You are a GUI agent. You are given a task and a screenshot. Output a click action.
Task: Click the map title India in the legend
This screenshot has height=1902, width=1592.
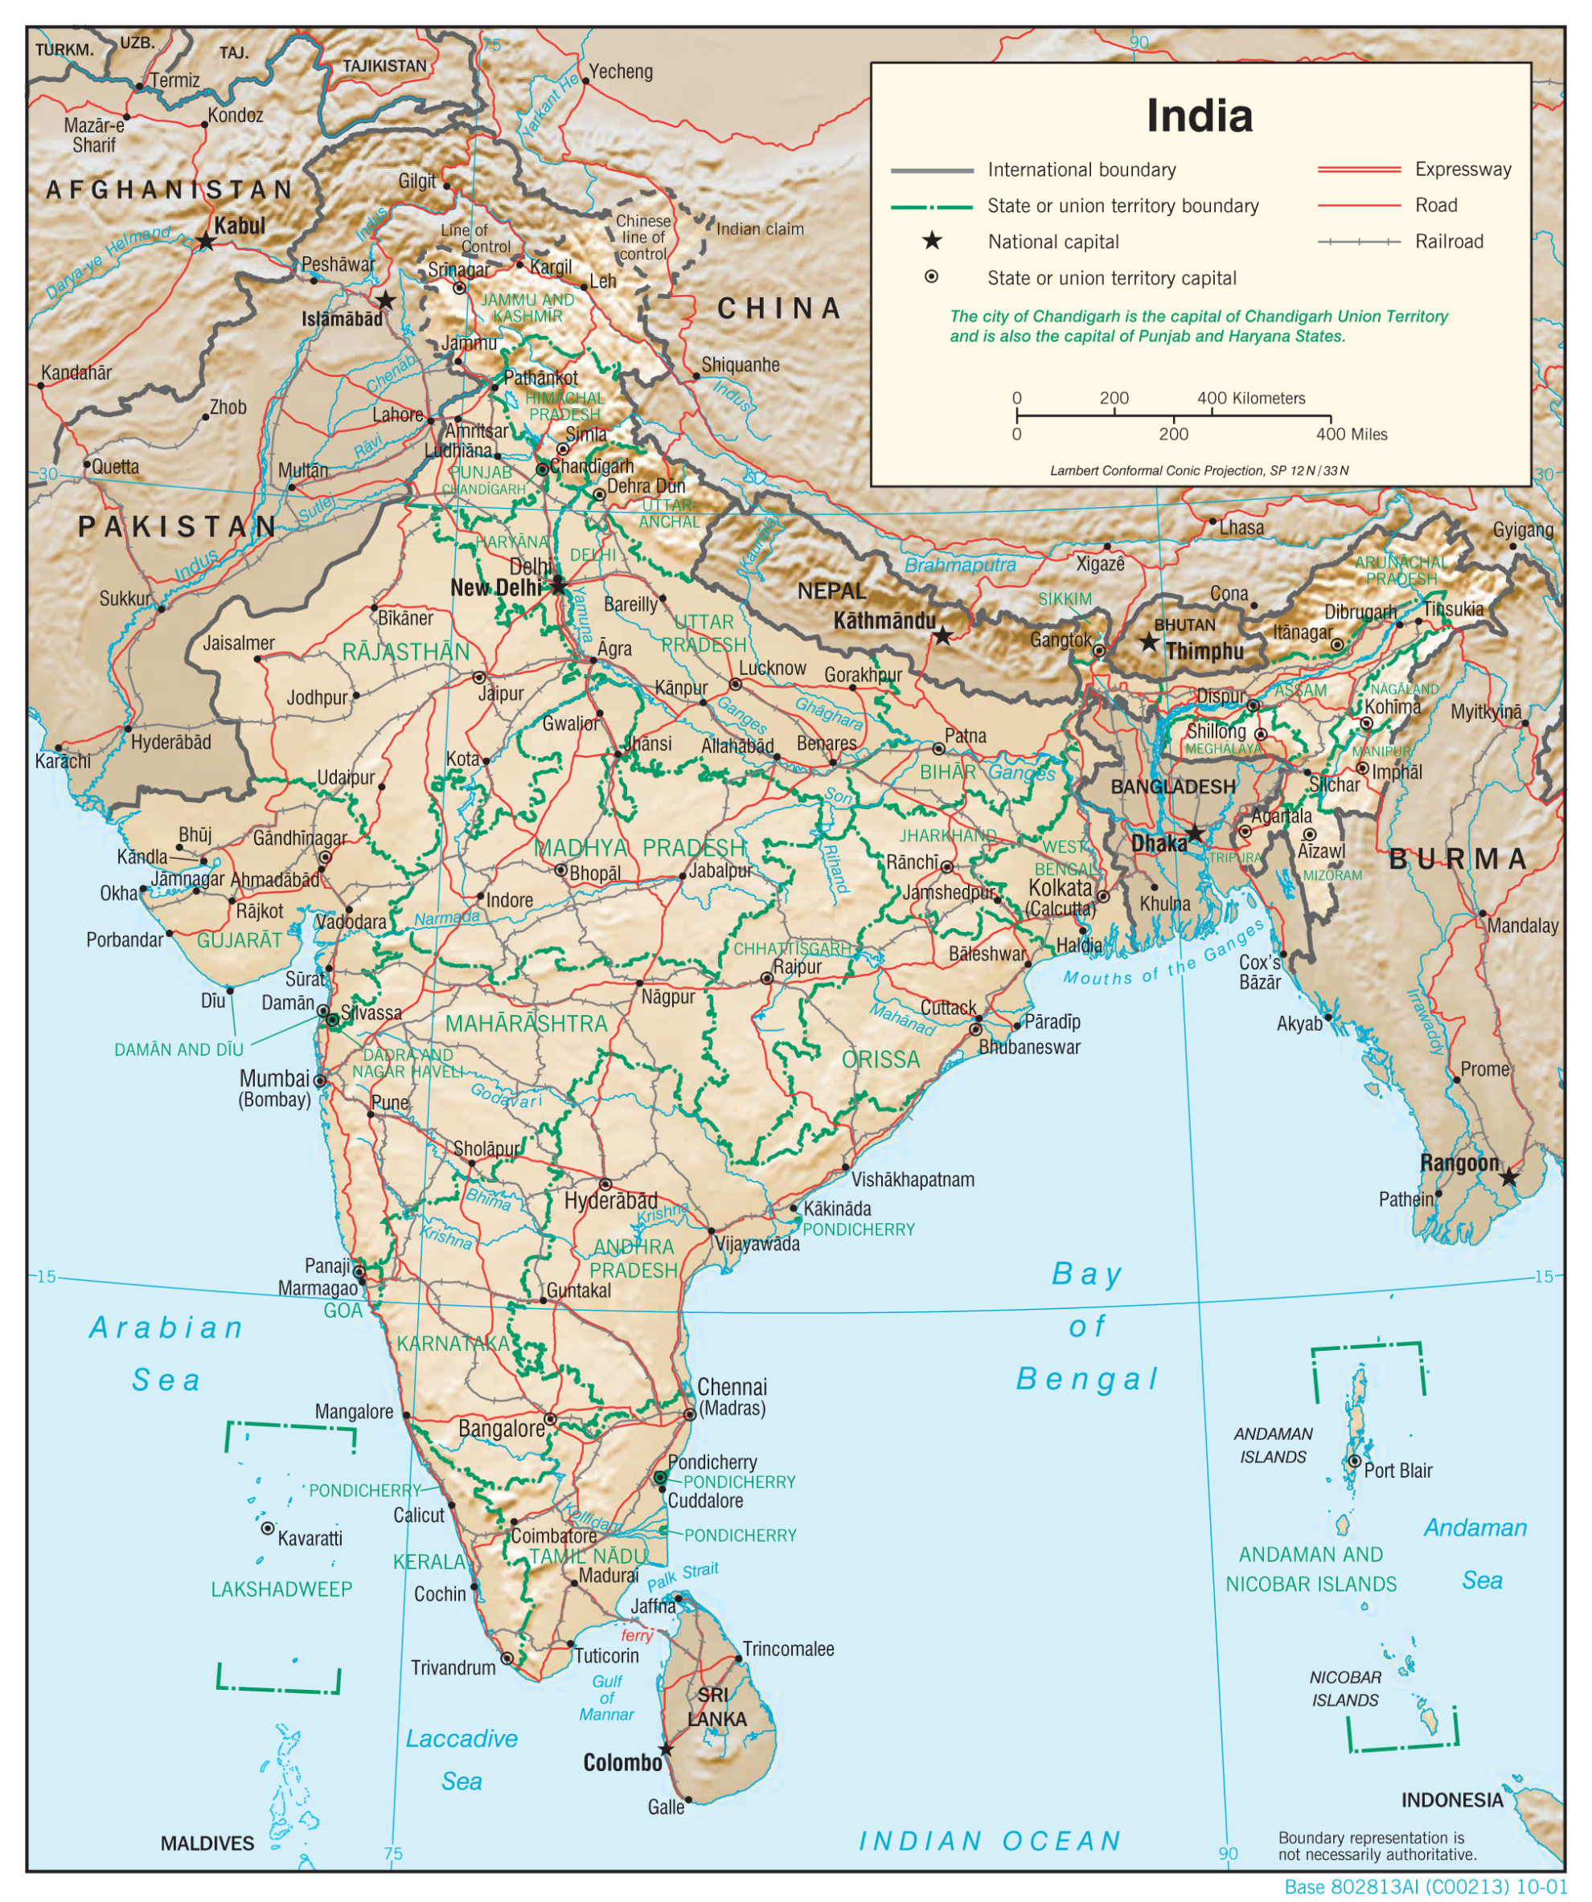pos(1199,116)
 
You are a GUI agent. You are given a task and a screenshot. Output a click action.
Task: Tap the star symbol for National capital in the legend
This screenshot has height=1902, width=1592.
pos(931,241)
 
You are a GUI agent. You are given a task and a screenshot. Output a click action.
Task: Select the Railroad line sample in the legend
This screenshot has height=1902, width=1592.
pos(1358,242)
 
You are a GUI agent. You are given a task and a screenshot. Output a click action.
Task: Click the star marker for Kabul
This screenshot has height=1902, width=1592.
pos(207,241)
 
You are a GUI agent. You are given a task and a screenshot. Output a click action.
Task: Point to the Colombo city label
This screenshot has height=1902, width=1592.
pos(622,1762)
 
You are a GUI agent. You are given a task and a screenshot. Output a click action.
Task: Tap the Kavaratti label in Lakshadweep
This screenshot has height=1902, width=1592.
pos(310,1539)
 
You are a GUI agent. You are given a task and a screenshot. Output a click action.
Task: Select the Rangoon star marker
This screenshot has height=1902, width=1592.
pos(1508,1177)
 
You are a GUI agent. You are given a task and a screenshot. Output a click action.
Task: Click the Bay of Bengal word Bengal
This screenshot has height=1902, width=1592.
pos(1086,1380)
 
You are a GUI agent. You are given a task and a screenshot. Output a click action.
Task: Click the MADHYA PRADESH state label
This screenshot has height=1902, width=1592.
pos(640,848)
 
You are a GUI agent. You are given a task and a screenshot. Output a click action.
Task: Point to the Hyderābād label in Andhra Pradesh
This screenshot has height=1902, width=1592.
pos(611,1201)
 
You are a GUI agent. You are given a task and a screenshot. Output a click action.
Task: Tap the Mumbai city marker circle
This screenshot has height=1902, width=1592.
pos(319,1081)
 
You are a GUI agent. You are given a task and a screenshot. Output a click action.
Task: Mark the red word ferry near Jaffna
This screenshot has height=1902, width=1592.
pos(636,1636)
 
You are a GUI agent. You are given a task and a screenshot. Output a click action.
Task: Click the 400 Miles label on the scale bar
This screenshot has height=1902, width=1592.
pos(1351,435)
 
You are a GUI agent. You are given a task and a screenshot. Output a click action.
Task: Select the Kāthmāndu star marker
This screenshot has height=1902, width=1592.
pos(942,636)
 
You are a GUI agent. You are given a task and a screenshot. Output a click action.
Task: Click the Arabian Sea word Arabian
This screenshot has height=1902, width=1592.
pos(166,1327)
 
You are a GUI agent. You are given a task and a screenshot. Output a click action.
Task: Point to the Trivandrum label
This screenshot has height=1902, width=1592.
pos(453,1667)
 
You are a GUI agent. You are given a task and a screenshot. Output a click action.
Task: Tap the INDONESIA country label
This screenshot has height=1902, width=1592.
pos(1451,1801)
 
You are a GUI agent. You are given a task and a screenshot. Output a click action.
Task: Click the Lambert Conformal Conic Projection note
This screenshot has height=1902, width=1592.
pos(1199,471)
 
